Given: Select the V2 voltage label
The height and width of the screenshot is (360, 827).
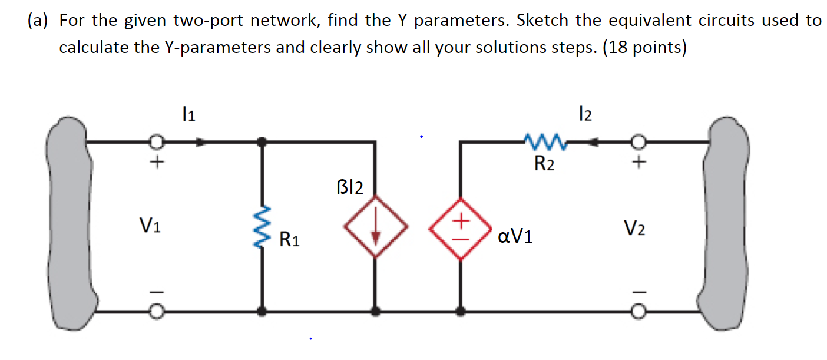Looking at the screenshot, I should coord(635,226).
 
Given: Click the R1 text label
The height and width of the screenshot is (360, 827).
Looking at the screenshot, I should coord(289,240).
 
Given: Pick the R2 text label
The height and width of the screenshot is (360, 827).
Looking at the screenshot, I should coord(544,164).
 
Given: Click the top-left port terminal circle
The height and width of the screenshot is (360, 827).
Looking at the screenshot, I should coord(156,142).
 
